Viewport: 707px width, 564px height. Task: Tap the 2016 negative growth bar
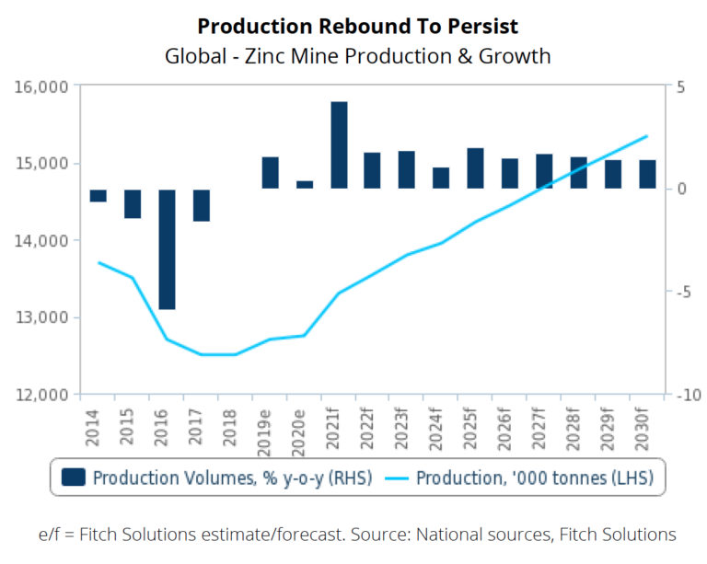[x=167, y=249]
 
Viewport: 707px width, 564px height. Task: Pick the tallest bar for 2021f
[x=339, y=145]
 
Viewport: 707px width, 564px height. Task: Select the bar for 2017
[x=201, y=205]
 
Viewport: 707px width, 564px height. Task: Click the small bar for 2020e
[x=305, y=185]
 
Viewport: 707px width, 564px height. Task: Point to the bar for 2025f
[x=475, y=168]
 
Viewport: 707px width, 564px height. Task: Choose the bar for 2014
[x=98, y=195]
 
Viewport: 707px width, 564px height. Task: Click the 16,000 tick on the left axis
[x=44, y=87]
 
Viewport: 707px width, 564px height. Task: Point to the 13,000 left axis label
[x=44, y=317]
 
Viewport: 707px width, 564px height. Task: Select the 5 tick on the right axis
[x=679, y=87]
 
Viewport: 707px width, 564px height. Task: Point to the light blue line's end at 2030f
[x=647, y=136]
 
